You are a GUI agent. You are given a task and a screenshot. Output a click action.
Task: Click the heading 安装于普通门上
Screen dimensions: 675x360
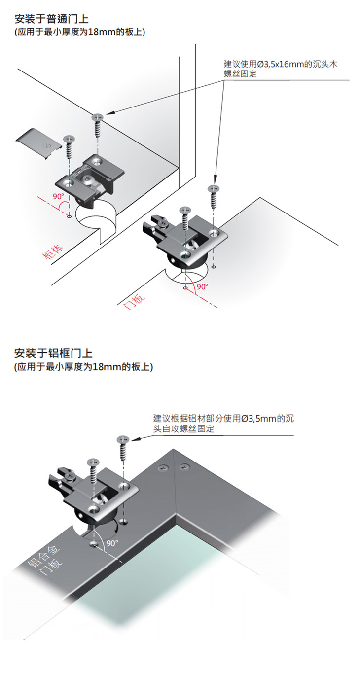coord(52,19)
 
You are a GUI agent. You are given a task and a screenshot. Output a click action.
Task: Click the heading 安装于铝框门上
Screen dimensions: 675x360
coord(54,354)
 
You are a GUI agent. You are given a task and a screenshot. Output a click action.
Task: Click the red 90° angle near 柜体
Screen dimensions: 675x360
coord(59,197)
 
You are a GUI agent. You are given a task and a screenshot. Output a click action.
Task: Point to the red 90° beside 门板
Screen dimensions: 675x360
coord(202,286)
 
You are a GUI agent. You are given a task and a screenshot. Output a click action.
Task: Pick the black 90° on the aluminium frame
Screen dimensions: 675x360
coord(112,542)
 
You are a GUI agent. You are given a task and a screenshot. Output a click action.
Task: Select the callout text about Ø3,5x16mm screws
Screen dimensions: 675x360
coord(280,69)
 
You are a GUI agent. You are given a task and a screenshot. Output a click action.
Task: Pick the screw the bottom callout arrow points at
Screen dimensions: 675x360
coord(122,439)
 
